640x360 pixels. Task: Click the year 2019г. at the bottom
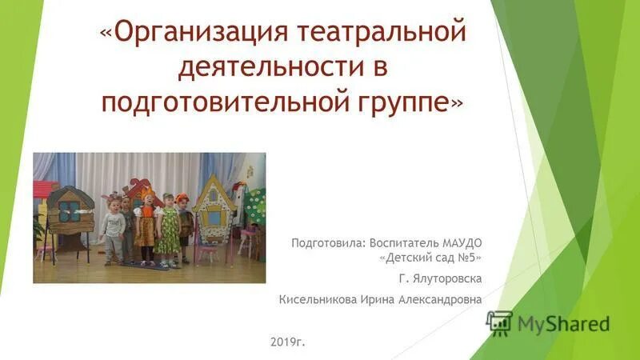tap(288, 342)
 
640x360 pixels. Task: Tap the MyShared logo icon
tap(499, 322)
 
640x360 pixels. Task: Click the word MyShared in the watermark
tap(563, 323)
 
